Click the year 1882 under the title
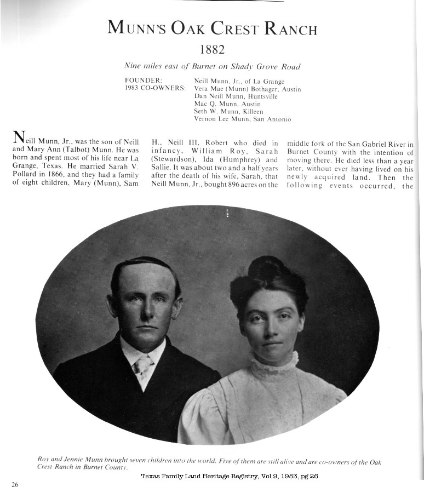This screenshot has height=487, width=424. click(x=212, y=50)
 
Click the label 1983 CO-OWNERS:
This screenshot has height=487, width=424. click(x=155, y=88)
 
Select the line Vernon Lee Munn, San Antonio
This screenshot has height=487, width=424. click(x=242, y=119)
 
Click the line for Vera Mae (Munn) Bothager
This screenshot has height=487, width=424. click(x=248, y=88)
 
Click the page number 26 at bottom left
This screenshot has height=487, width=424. click(x=15, y=484)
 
